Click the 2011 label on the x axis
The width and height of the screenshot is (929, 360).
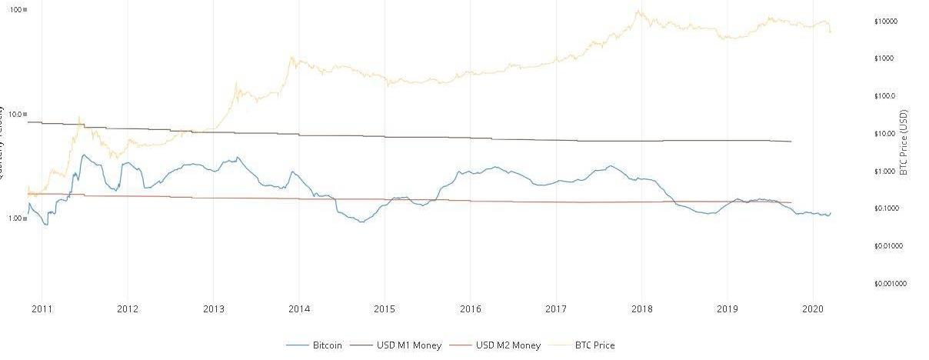[42, 309]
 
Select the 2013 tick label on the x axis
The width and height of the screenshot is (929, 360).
[213, 309]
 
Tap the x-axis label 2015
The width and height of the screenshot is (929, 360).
[385, 309]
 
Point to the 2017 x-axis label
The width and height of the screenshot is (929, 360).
[556, 309]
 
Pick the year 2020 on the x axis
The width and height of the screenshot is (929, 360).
[813, 309]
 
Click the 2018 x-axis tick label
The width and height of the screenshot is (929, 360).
[641, 309]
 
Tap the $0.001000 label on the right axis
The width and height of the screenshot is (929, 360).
[891, 284]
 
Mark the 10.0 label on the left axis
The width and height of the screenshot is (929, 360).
[14, 114]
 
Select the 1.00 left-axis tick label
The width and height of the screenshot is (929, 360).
[14, 218]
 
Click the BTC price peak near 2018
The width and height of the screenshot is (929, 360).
[638, 11]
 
